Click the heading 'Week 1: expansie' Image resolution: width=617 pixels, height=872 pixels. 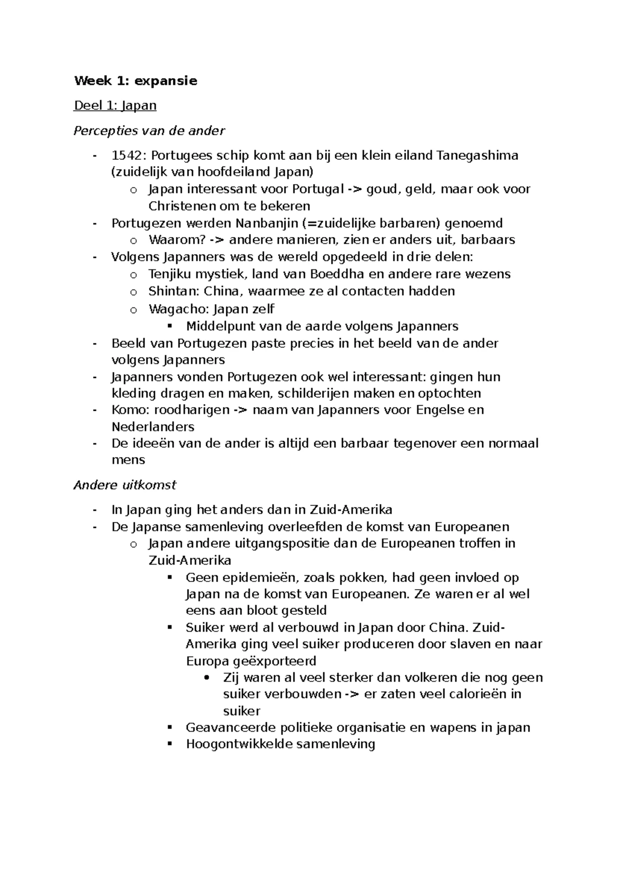(136, 81)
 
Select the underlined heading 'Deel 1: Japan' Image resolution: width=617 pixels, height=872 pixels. (115, 105)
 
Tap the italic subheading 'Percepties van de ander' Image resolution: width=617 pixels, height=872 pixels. (149, 131)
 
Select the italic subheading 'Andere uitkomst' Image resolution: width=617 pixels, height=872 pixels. (125, 485)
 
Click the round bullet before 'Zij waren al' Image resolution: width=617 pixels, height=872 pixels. (207, 678)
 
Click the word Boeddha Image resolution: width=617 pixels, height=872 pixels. (335, 274)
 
